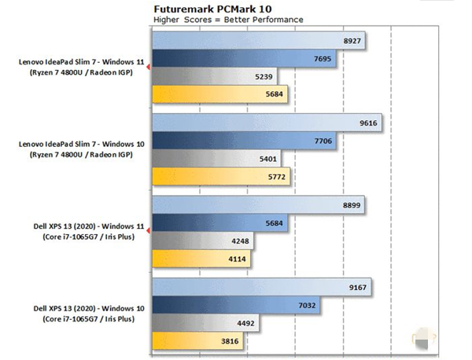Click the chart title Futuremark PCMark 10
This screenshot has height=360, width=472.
click(208, 7)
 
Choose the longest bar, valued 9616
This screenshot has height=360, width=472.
click(267, 123)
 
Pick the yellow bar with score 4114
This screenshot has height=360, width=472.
click(189, 260)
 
